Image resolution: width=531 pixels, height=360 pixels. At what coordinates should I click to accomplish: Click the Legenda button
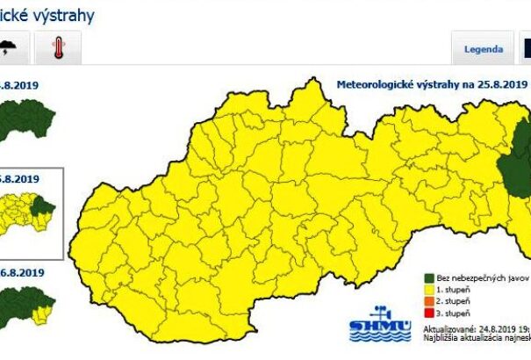tap(484, 49)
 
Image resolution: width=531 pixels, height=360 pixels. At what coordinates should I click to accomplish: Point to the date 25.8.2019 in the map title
tap(500, 85)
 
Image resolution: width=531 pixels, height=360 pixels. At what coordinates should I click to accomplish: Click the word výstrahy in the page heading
tap(62, 15)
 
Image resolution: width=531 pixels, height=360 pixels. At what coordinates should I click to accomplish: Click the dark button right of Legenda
tap(524, 49)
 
